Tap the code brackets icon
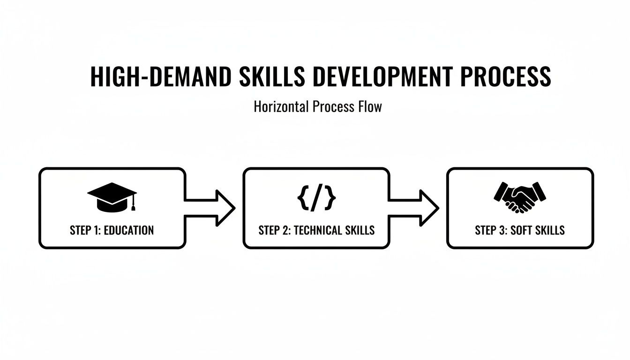316,198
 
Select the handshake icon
520,197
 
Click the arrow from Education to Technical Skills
211,208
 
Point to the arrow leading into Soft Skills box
415,208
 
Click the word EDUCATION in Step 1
128,230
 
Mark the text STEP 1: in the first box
84,230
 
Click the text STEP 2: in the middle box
274,230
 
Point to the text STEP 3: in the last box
491,230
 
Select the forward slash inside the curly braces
317,198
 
